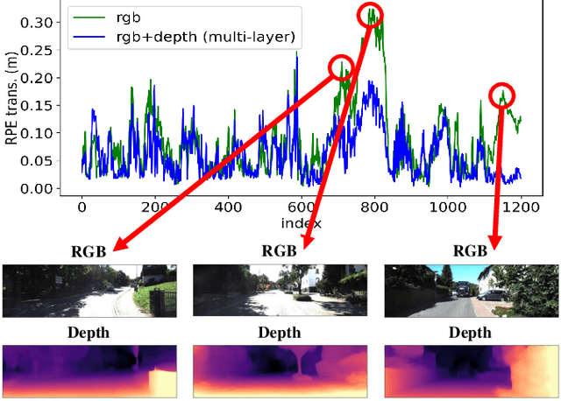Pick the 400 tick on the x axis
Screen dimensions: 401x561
[228, 208]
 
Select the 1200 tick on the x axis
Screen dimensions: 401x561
[521, 208]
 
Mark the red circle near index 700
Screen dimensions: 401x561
[341, 68]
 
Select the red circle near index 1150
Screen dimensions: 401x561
[502, 95]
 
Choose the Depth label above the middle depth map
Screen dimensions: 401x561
[280, 333]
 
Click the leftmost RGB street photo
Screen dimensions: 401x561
[89, 291]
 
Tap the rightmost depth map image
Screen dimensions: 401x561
[472, 369]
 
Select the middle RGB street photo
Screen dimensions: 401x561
[280, 291]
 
